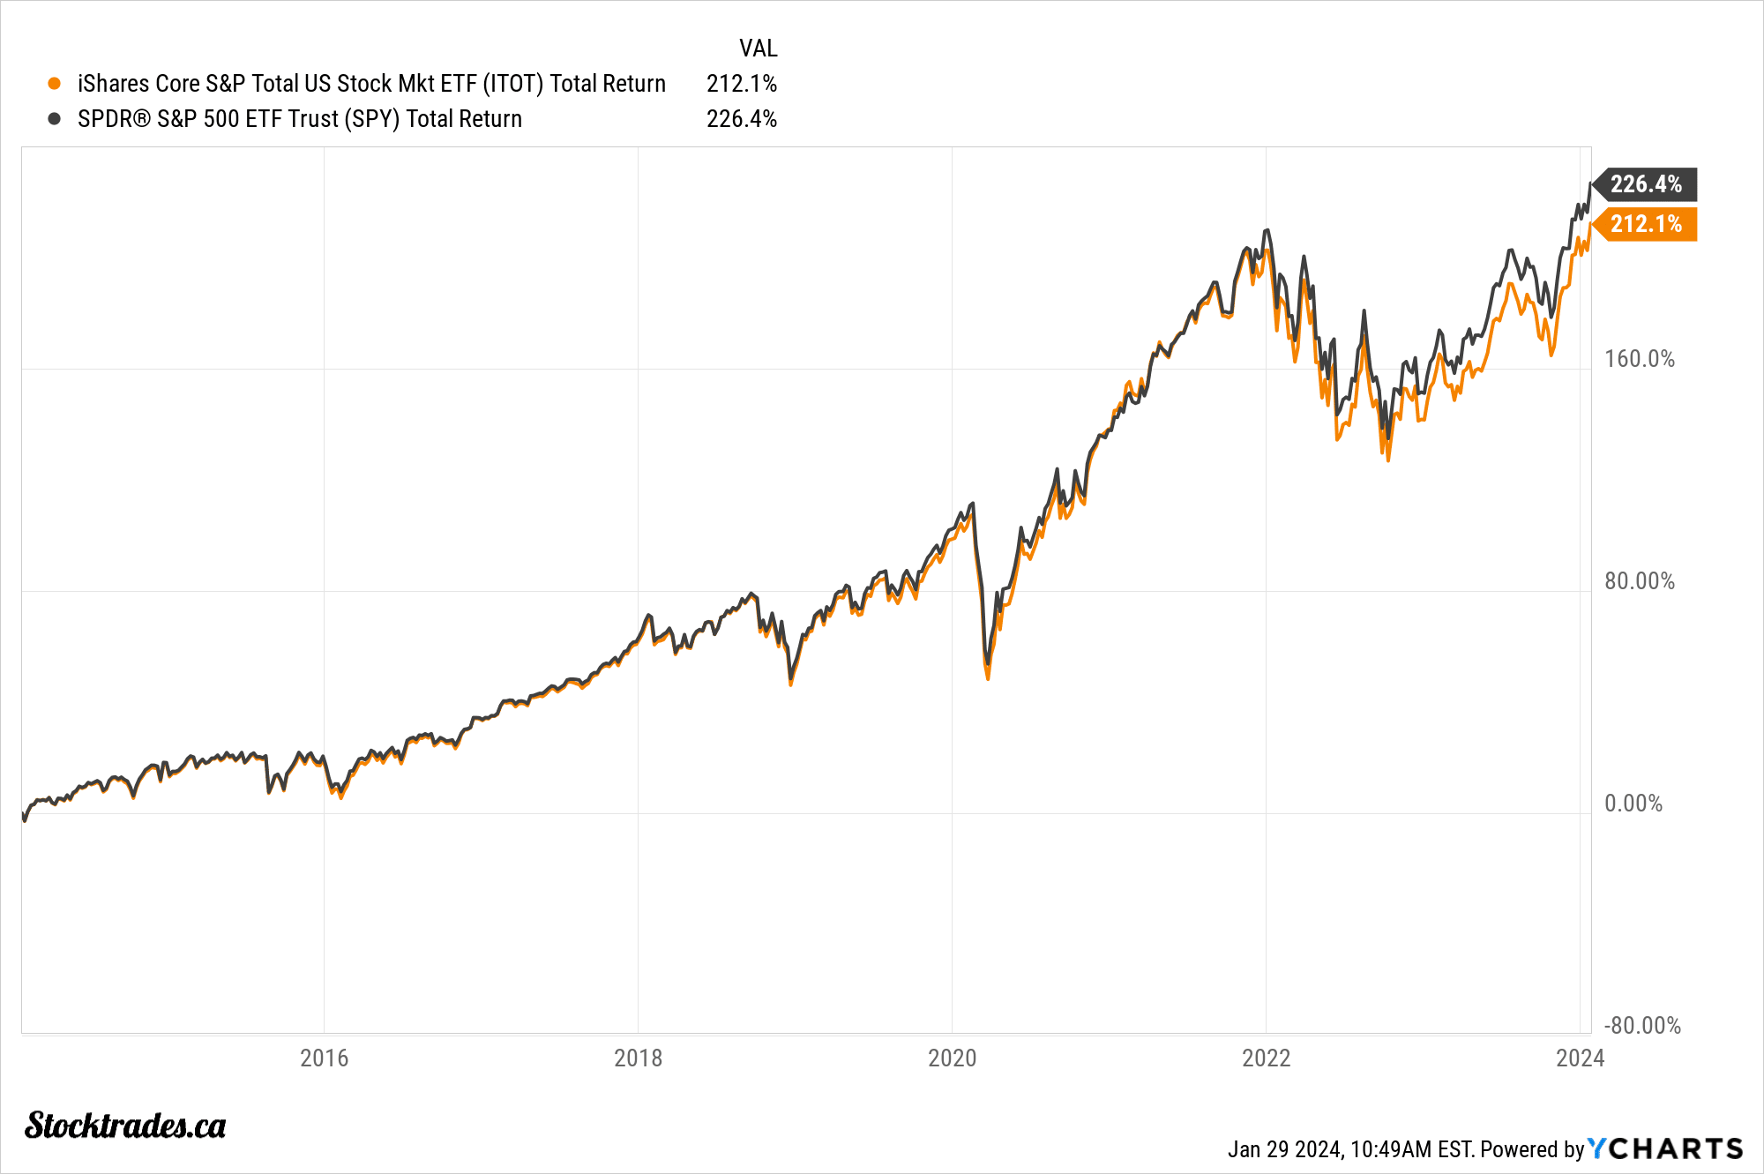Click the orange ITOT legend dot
(55, 84)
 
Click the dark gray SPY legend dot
(55, 119)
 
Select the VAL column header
(758, 49)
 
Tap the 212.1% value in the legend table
(741, 84)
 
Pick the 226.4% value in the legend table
(741, 119)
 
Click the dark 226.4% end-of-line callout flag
(1645, 184)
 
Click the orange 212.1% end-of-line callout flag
(1645, 224)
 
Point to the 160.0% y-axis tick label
(1639, 359)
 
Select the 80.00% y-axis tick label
(1639, 581)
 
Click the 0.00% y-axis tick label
(1633, 804)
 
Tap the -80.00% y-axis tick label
(1641, 1026)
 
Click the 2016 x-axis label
(324, 1058)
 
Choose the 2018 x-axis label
(638, 1058)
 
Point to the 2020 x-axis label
(952, 1058)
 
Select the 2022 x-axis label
(1266, 1058)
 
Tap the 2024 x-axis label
(1580, 1058)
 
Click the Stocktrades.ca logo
(125, 1125)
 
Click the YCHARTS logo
(1665, 1148)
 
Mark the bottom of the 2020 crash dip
(988, 677)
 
